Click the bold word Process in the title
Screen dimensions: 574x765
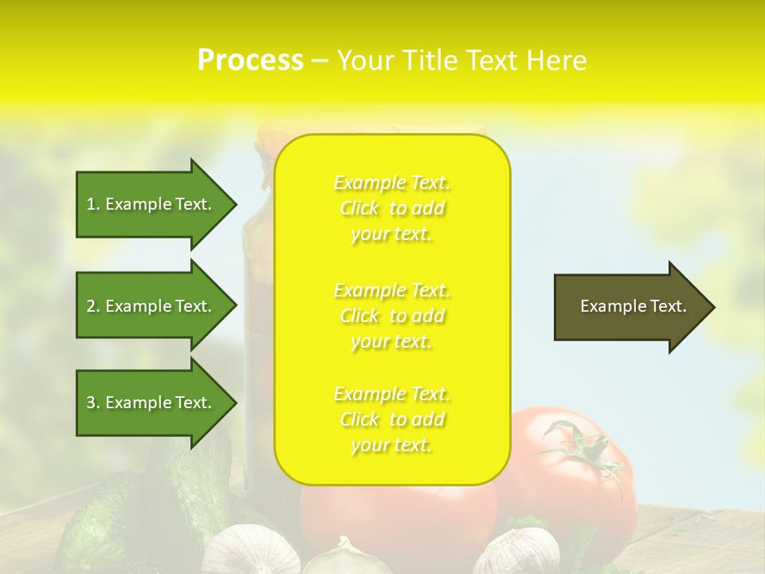click(250, 61)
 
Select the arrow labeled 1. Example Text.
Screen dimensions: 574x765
click(149, 204)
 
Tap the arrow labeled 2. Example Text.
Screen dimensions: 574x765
click(149, 306)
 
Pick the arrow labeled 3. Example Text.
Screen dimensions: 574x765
click(149, 403)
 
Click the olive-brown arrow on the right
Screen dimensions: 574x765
click(630, 306)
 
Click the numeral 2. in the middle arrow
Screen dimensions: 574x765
click(93, 306)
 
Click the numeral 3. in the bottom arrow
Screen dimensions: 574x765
click(93, 403)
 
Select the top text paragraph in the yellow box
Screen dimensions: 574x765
click(392, 208)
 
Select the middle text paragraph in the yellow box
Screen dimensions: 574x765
click(392, 316)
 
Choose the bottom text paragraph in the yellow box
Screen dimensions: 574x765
click(392, 419)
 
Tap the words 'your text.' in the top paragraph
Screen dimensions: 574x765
click(391, 234)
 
